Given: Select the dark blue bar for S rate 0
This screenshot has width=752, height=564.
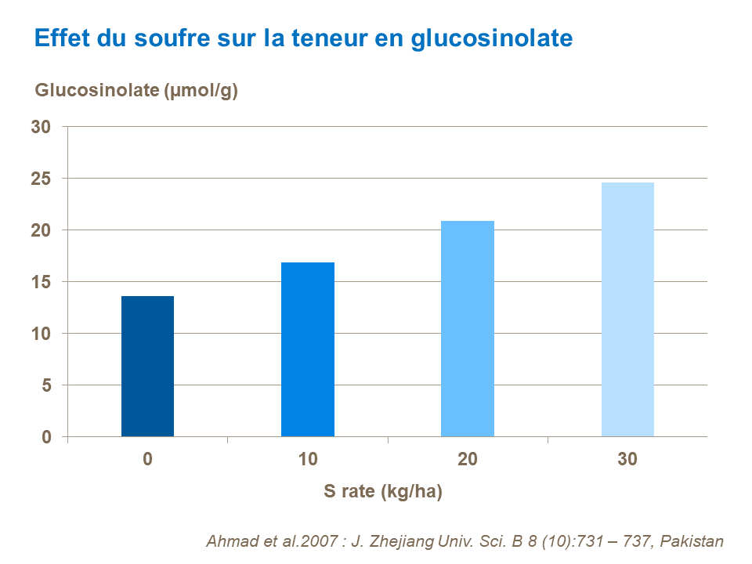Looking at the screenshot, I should coord(147,367).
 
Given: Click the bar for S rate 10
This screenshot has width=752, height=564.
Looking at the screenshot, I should coord(308,349).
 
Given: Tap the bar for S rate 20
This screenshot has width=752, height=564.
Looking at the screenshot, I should coord(468,329).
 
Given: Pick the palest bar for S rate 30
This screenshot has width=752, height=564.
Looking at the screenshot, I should coord(627,309).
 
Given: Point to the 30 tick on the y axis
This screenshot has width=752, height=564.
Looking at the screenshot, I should coord(41,127).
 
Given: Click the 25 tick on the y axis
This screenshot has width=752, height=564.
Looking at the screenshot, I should coord(41,179).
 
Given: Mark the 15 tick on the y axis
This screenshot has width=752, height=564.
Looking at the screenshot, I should coord(41,282).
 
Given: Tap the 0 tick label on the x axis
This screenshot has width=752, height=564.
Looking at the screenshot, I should coord(147,460).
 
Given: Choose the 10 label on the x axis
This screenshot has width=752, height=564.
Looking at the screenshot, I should coord(308,460).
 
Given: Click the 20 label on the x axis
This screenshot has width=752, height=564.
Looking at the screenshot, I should coord(468,460).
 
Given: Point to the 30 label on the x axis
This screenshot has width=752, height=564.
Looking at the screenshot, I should coord(627,460).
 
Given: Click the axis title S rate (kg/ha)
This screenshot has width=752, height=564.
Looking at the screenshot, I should coord(383,492).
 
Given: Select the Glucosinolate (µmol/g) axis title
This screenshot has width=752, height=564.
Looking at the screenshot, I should coord(136,90).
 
